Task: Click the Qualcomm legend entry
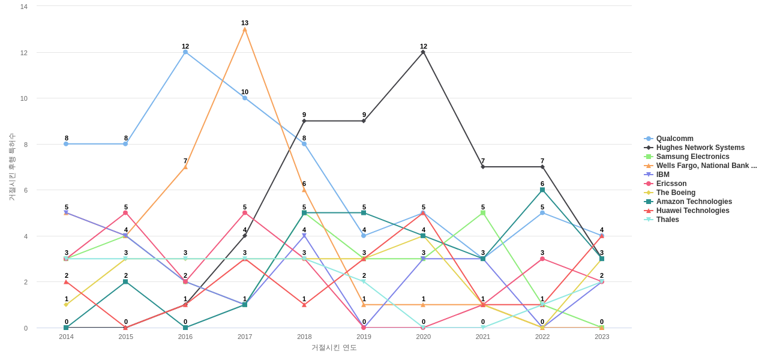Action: [674, 139]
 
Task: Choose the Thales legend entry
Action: [667, 220]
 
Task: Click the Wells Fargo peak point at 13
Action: [245, 29]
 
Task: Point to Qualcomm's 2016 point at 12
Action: [185, 52]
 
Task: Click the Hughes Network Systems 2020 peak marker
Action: [423, 52]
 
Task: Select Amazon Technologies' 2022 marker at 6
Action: [542, 190]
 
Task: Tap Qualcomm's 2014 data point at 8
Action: [66, 144]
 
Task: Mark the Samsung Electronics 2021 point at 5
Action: [483, 213]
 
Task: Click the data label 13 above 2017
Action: [245, 23]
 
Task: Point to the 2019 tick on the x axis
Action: [364, 337]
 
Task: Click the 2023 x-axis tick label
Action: [602, 337]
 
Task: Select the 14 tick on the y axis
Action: [24, 7]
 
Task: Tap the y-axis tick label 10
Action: [24, 98]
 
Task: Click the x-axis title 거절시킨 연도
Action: [334, 347]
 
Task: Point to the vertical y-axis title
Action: [11, 167]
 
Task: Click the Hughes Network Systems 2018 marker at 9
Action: [304, 121]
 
